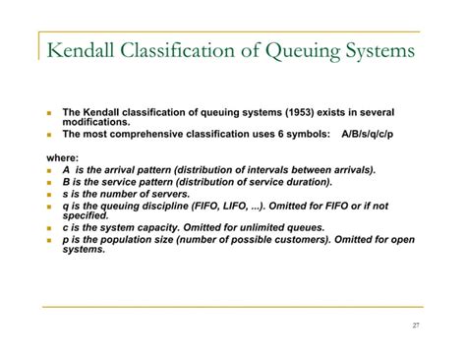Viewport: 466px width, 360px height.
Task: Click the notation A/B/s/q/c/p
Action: pos(378,132)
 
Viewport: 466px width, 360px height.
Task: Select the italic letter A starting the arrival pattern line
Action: pos(67,169)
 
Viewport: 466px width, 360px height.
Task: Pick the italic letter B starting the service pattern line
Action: pos(67,182)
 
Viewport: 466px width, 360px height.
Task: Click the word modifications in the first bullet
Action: pos(95,121)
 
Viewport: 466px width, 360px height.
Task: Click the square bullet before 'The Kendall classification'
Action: pos(48,112)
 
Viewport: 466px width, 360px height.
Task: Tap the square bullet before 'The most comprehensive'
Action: pos(48,133)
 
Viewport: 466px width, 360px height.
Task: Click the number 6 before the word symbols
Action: pos(284,132)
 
